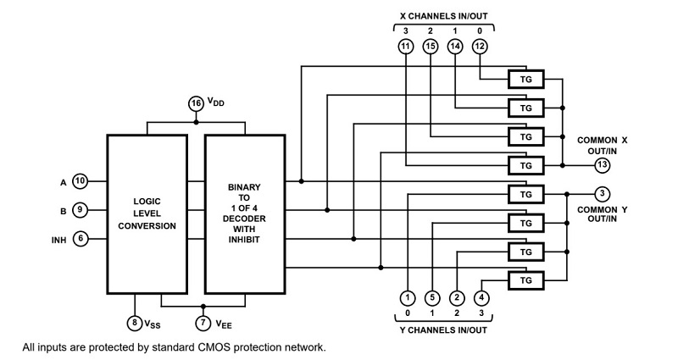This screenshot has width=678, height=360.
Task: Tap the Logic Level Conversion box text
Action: pos(147,213)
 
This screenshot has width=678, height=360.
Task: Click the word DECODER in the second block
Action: pos(244,219)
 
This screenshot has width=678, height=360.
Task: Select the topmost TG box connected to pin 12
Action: pos(525,80)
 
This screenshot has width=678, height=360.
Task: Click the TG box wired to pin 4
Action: pos(525,280)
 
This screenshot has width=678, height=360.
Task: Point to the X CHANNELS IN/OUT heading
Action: pos(443,16)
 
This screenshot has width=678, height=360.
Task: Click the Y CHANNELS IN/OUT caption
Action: pos(443,330)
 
